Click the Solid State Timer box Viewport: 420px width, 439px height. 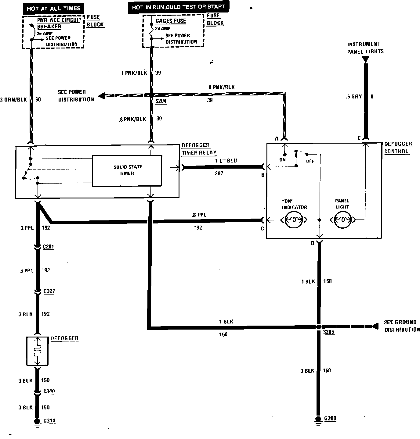point(127,170)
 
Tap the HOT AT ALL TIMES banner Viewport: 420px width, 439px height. point(53,8)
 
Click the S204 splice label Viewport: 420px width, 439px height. point(161,101)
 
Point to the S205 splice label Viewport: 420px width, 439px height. point(329,332)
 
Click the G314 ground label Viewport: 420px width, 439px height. point(49,421)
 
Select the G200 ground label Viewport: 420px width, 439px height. point(330,418)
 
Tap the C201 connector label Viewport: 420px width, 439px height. point(49,247)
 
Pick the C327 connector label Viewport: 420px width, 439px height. point(49,291)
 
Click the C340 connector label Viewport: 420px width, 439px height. point(49,391)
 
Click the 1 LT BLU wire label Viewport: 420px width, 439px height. point(226,161)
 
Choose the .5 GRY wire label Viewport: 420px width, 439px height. point(354,97)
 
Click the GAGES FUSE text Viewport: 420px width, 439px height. point(171,21)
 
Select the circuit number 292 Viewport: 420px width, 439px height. point(219,173)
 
